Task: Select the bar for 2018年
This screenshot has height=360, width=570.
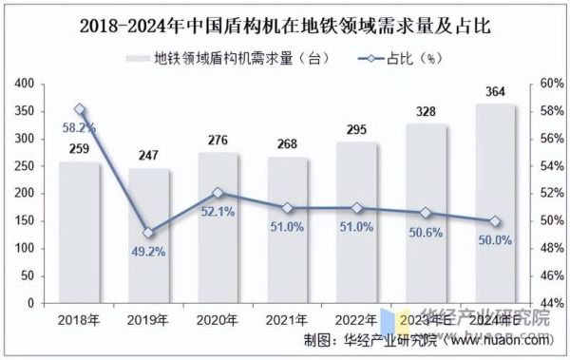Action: click(x=79, y=233)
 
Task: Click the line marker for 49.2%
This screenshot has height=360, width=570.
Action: click(x=148, y=233)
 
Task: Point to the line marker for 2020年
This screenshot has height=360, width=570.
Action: click(x=218, y=193)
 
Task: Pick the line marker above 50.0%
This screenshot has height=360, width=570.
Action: click(x=494, y=221)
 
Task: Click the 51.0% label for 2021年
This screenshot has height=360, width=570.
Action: click(x=287, y=226)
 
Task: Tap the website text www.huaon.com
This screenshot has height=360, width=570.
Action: click(x=499, y=340)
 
